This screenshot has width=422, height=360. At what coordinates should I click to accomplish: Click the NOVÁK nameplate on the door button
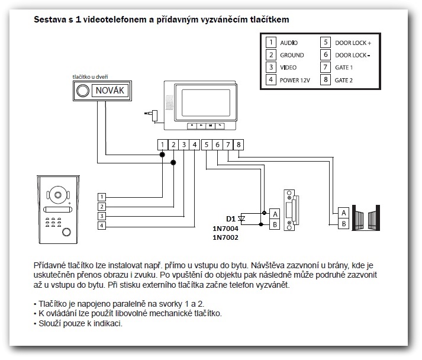(110, 91)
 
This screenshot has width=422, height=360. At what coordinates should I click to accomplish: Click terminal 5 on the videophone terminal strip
(206, 144)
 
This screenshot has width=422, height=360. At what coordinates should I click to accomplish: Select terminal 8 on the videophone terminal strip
(238, 144)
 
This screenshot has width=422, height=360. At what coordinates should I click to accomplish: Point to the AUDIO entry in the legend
(289, 43)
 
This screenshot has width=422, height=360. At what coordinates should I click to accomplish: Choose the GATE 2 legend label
(343, 79)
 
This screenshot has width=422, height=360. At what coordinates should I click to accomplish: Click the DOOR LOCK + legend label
(353, 43)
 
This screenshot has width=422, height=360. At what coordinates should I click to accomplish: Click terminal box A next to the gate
(343, 213)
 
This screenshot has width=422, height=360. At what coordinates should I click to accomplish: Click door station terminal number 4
(102, 226)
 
